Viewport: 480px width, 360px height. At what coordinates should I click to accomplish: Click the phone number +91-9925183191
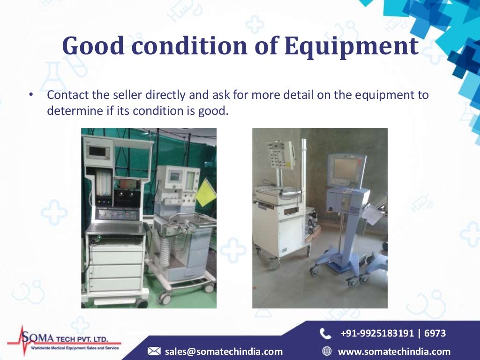point(378,333)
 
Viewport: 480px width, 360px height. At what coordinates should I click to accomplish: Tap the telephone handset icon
point(325,333)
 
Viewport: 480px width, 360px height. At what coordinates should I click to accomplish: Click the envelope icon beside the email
point(154,351)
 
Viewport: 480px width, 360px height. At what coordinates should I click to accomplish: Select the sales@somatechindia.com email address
point(224,351)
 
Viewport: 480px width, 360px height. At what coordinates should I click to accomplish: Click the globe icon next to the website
point(327,351)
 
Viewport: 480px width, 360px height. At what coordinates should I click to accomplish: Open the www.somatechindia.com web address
point(394,351)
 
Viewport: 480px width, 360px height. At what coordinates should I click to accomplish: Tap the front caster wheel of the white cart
point(274,264)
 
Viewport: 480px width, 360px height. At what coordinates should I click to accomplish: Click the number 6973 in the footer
point(435,333)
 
